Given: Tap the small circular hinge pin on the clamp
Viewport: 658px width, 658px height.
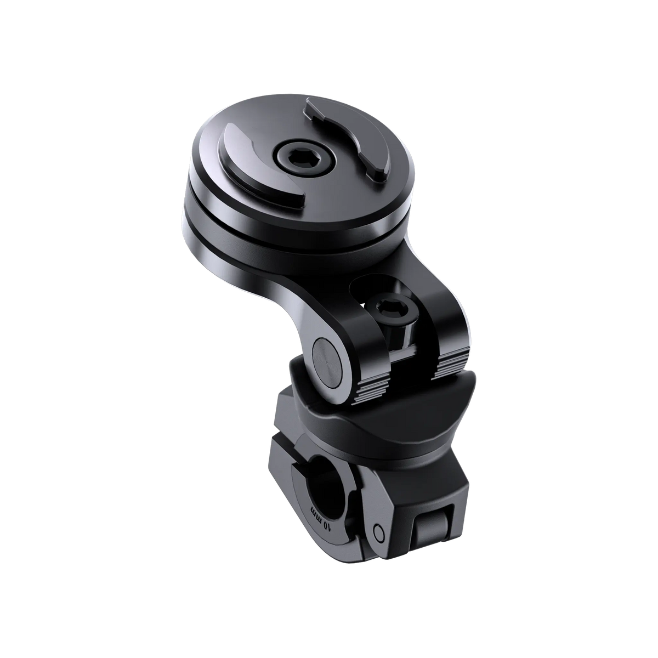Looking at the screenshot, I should (x=377, y=531).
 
